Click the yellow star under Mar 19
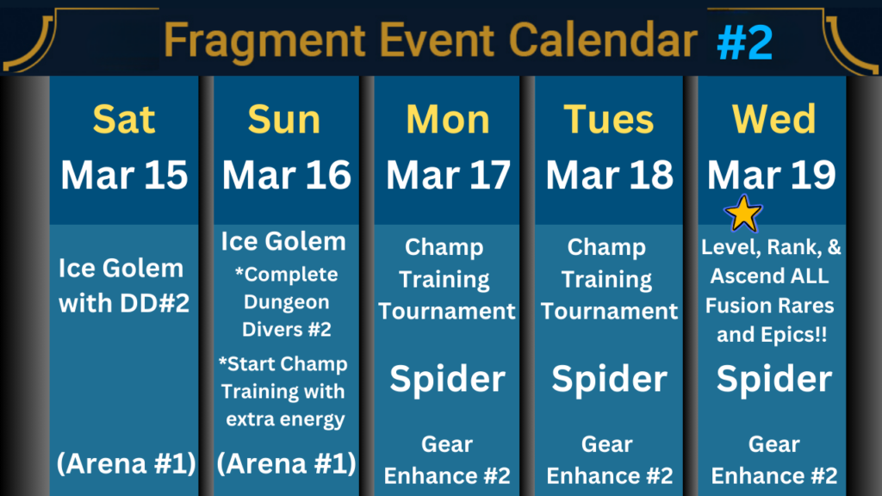tap(743, 214)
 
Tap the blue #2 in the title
tap(745, 42)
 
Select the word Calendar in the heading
tap(602, 40)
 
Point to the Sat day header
tap(124, 119)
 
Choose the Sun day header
tap(284, 119)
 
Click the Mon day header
tap(448, 119)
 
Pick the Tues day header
tap(609, 119)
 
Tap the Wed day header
tap(773, 119)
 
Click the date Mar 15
tap(124, 175)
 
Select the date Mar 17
tap(448, 175)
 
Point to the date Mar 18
tap(609, 175)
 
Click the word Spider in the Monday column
tap(448, 380)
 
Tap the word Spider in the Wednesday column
tap(774, 380)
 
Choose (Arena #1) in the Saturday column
tap(126, 464)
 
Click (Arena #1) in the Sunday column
tap(286, 464)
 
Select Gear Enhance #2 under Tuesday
tap(609, 460)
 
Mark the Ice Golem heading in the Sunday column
tap(283, 242)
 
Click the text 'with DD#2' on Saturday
tap(124, 304)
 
